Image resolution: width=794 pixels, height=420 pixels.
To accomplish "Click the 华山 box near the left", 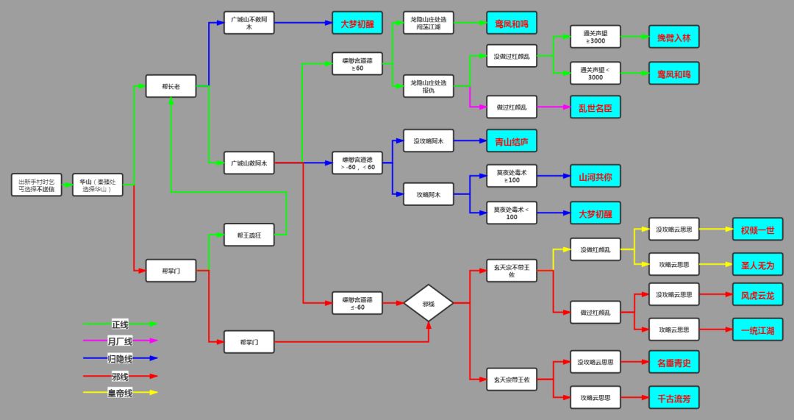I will coord(97,185).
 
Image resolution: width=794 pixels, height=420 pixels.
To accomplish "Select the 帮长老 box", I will coord(171,86).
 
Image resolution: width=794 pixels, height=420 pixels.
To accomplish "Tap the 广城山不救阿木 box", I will coord(249,23).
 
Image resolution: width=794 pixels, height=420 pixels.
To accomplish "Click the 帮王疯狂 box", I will coord(249,235).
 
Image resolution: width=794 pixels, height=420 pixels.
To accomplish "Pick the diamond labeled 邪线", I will coord(429,302).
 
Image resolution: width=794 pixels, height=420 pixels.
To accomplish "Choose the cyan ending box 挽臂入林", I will coord(673,37).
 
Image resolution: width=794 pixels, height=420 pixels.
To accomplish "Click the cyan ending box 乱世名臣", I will coord(595,107).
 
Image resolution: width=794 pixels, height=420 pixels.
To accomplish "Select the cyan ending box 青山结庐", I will coord(512,140).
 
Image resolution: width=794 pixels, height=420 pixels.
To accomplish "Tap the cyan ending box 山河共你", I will coord(595,177).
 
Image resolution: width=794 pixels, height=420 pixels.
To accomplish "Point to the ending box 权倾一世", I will coord(757,229).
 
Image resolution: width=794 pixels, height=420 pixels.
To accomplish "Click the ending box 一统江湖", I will coord(757,330).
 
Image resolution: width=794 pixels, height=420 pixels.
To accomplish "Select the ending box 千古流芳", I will coord(673,398).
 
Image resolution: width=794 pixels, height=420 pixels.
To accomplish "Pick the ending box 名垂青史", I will coord(673,362).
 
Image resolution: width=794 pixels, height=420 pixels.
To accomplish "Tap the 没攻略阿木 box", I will coord(429,140).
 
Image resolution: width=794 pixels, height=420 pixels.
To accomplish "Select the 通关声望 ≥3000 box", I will coord(595,37).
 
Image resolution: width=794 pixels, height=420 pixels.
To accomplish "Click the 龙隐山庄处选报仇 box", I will coord(429,86).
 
